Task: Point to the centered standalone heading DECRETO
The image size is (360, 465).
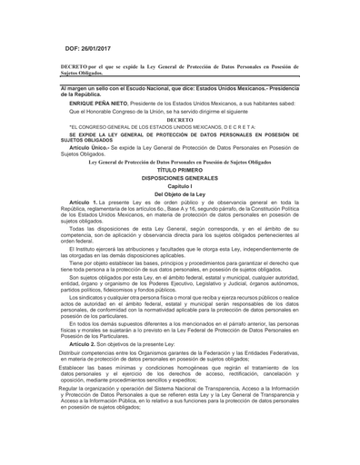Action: point(180,119)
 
